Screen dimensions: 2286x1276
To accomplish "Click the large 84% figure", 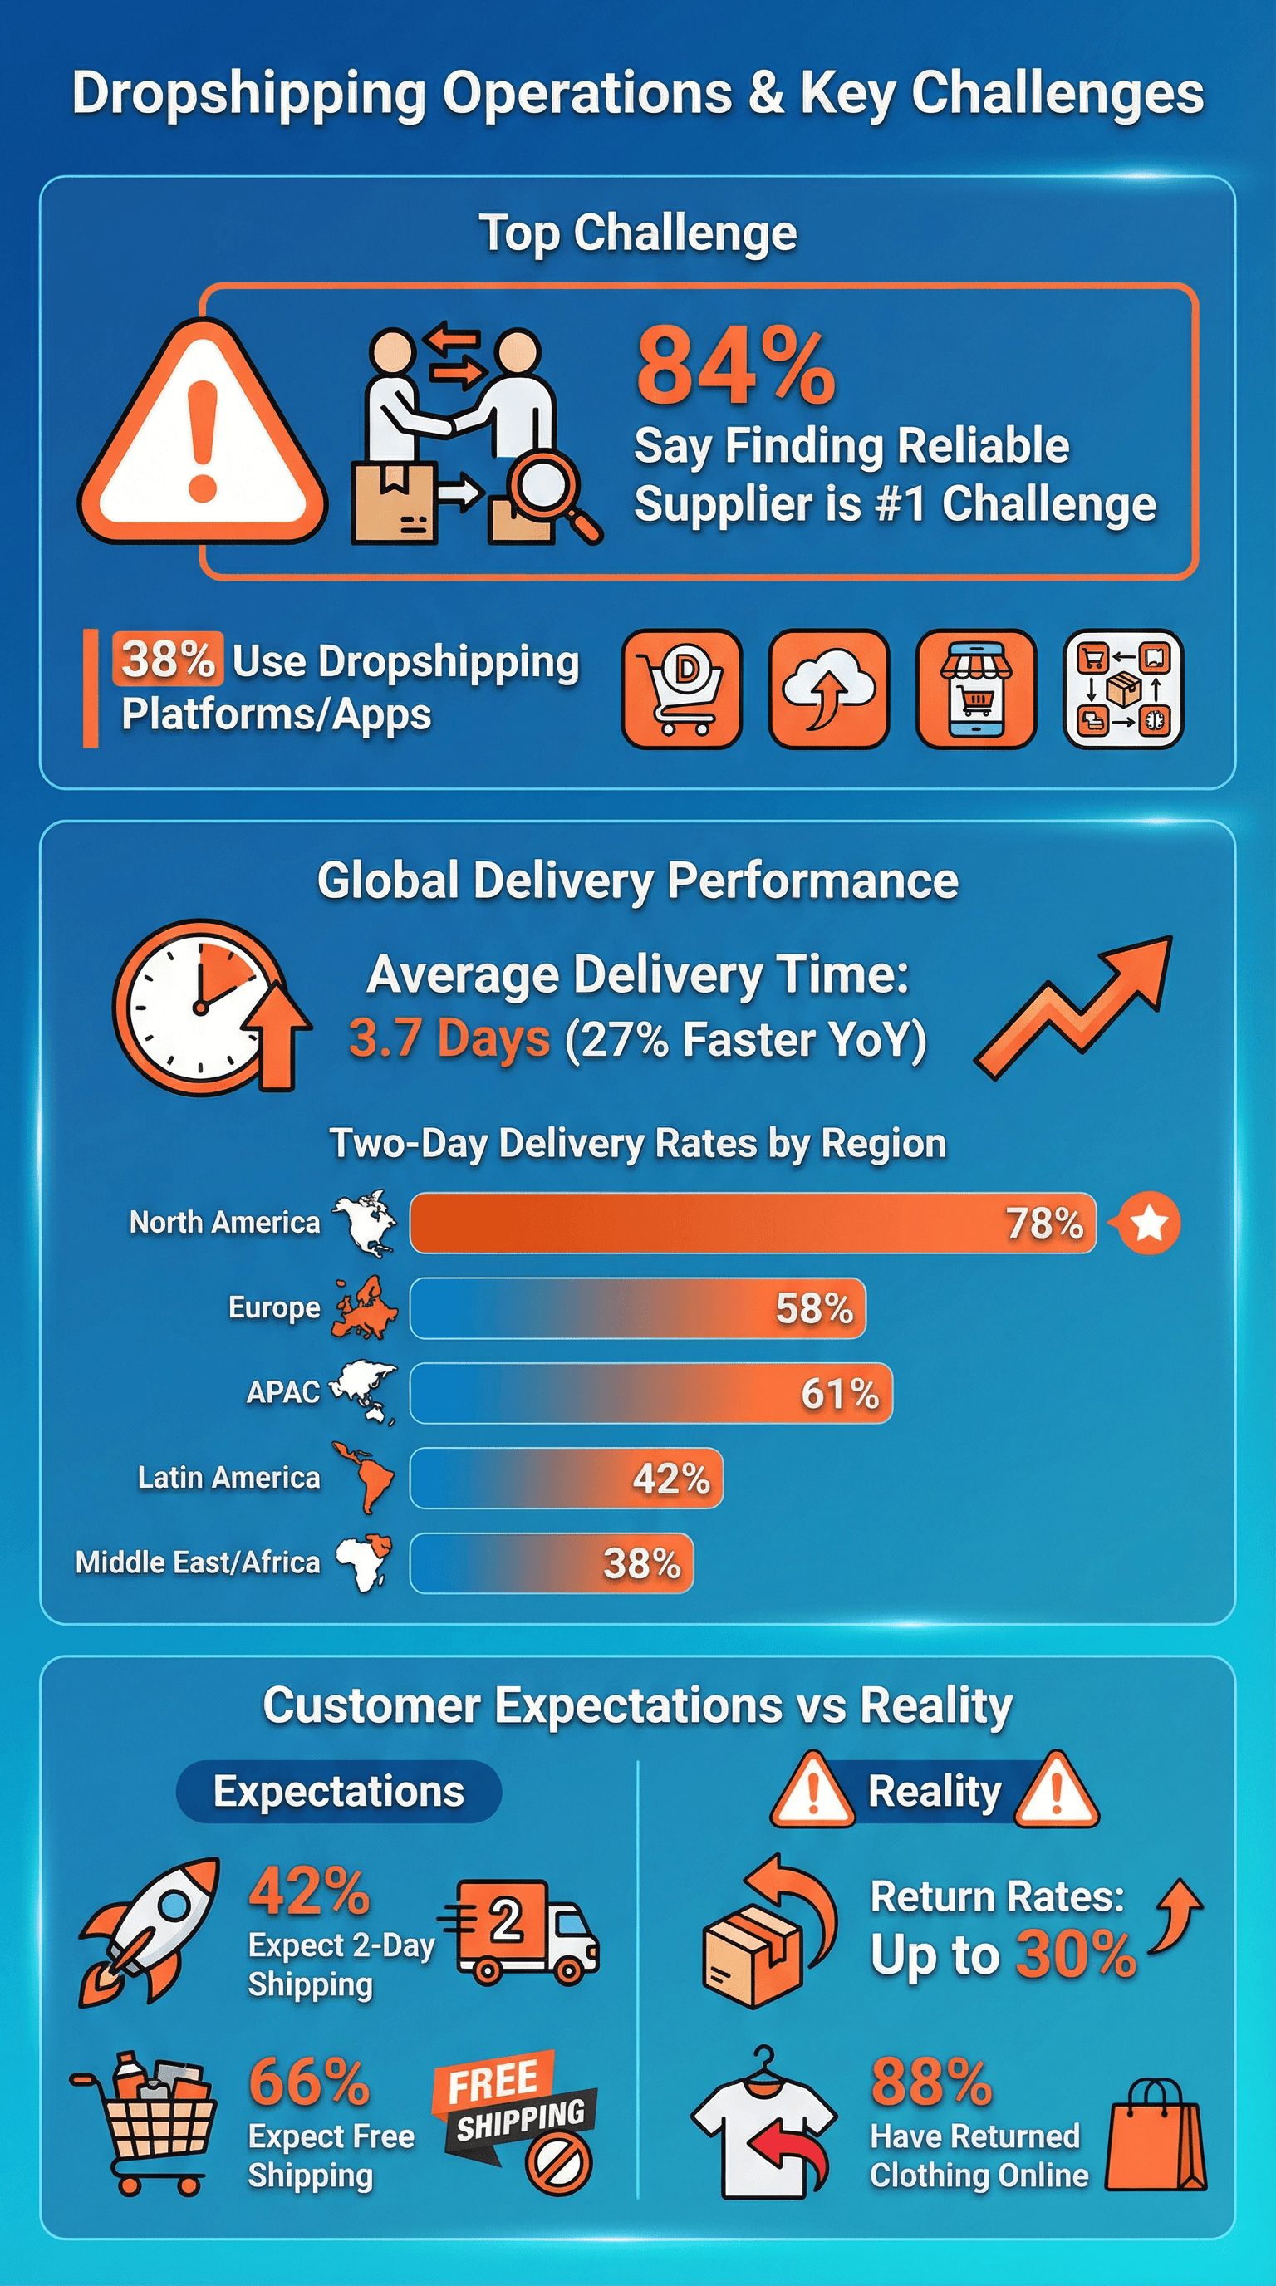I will click(735, 366).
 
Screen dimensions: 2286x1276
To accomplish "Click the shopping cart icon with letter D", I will click(681, 689).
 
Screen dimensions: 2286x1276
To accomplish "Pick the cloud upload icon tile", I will click(829, 689).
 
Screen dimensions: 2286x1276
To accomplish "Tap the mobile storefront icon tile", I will click(976, 689).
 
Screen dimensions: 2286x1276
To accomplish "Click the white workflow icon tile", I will click(1123, 689).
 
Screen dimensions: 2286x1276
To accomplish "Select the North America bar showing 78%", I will click(753, 1223).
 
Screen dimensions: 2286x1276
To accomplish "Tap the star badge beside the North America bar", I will click(1149, 1223).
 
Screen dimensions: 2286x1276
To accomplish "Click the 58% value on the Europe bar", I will click(813, 1308).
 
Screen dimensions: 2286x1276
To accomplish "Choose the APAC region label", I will click(283, 1392).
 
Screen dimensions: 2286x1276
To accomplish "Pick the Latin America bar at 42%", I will click(566, 1478).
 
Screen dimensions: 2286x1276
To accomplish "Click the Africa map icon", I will click(363, 1562).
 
